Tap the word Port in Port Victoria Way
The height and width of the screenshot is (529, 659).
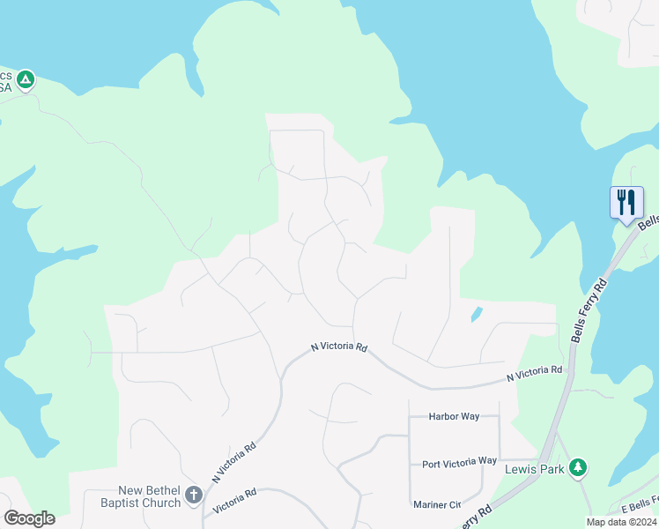coord(431,462)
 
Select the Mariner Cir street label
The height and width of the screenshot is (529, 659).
coord(437,505)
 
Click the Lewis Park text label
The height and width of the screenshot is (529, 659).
coord(534,470)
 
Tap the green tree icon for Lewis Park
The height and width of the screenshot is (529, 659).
coord(578,468)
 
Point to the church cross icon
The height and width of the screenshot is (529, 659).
coord(195,498)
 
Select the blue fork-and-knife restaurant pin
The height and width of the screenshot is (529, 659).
coord(626,203)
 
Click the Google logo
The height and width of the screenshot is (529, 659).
coord(29,518)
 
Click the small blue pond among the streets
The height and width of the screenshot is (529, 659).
coord(476,314)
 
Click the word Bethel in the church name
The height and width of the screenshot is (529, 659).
coord(163,491)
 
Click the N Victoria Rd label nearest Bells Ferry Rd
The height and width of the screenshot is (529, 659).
coord(534,374)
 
